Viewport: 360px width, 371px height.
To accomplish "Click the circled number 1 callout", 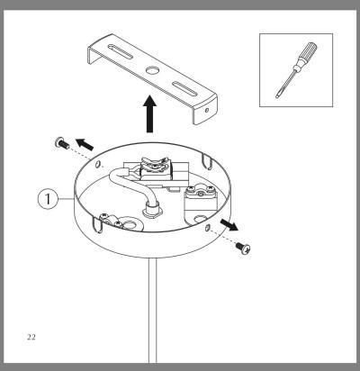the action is (x=48, y=199).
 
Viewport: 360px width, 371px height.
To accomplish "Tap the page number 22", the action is (x=31, y=337).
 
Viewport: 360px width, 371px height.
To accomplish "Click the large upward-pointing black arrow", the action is (x=149, y=113).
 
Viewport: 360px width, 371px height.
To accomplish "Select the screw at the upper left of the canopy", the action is (x=62, y=143).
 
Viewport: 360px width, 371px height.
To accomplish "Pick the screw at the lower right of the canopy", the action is (x=243, y=248).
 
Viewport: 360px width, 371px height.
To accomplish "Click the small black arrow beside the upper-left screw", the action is (x=85, y=144).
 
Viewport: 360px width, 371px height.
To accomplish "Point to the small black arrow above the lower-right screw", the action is (x=229, y=224).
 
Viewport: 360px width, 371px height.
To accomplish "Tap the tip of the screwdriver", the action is (x=277, y=96).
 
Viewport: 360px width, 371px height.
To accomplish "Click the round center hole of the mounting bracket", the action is (x=152, y=70).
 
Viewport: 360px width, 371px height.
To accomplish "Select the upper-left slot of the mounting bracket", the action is (x=120, y=51).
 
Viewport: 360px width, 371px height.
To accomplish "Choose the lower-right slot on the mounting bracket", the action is (x=186, y=88).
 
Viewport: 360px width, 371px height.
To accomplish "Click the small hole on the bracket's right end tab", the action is (x=207, y=110).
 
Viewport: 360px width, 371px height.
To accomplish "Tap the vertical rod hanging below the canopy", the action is (x=152, y=310).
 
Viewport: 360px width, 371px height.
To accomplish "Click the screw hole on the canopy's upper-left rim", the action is (x=97, y=164).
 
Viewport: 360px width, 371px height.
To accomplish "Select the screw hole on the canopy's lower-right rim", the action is (x=206, y=227).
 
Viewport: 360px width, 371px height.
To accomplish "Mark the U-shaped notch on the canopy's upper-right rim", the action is (x=206, y=161).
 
